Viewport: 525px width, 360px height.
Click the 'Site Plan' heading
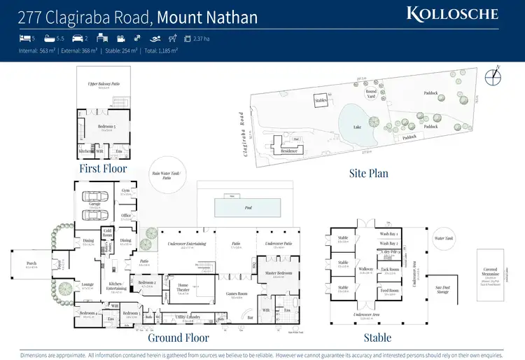coord(369,172)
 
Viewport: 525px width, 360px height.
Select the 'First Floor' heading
coord(103,169)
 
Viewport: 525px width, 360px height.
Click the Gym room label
coord(125,190)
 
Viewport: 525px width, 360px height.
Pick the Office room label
coord(126,216)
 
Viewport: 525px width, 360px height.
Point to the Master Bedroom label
coord(279,273)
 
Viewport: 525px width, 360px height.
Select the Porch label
coord(31,265)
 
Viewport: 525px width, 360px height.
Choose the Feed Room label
coord(390,290)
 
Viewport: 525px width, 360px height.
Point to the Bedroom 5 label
coord(106,127)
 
